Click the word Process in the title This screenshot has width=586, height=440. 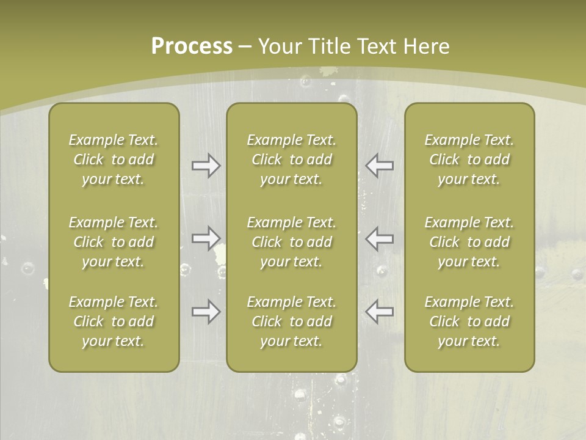tap(192, 46)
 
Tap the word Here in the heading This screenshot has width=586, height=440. tap(426, 46)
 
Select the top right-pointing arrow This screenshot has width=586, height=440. tap(206, 166)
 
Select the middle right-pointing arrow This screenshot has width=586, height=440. tap(206, 238)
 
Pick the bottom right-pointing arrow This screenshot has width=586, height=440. tap(206, 312)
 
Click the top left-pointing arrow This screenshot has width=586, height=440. tap(379, 166)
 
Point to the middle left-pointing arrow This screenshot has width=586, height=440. tap(379, 238)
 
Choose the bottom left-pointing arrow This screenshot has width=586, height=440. tap(379, 312)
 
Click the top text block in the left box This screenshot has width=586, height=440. tap(114, 159)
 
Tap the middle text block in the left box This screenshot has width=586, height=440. tap(114, 242)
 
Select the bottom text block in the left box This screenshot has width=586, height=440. tap(114, 321)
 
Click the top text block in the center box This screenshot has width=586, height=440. tap(291, 159)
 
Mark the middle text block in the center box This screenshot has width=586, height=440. tap(291, 242)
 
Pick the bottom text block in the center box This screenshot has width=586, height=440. tap(291, 321)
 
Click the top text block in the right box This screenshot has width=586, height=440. tap(469, 159)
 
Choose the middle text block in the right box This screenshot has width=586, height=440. tap(469, 242)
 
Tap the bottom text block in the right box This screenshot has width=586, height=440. tap(469, 321)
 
